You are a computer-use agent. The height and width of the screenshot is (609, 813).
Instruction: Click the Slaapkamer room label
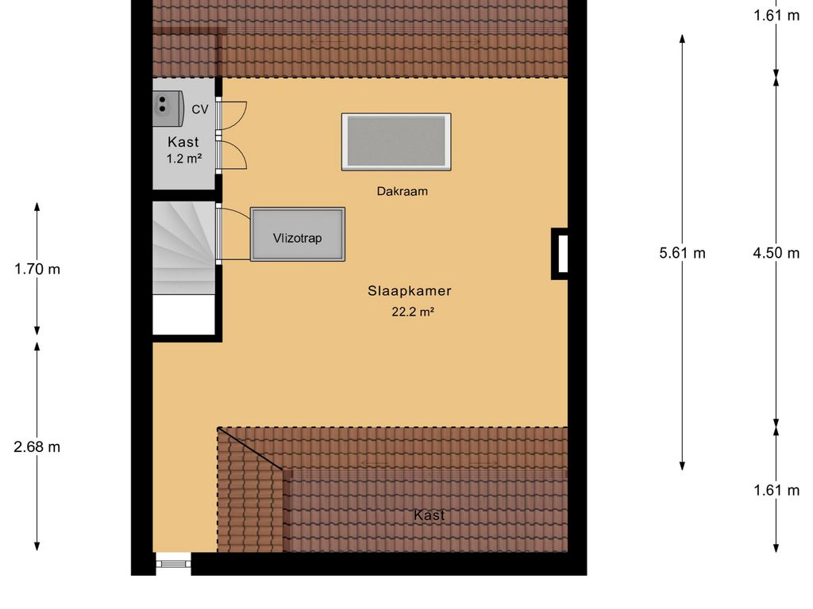409,291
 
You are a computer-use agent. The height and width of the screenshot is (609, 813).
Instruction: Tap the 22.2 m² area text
412,312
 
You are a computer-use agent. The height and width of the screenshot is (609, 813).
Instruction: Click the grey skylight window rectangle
396,142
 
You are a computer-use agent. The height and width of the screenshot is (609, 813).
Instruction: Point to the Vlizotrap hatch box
298,234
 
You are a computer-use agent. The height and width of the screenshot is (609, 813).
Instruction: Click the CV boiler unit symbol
167,105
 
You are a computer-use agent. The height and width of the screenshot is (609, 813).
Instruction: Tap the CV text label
200,109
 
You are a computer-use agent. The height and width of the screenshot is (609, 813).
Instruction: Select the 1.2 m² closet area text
183,159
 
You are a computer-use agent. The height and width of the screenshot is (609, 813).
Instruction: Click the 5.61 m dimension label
682,253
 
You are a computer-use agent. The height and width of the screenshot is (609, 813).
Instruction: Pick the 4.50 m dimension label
776,253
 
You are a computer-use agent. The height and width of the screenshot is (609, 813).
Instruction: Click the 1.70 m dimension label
37,269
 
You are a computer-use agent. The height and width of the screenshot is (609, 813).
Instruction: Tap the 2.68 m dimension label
37,446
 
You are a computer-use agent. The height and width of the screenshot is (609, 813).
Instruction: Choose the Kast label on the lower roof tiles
429,515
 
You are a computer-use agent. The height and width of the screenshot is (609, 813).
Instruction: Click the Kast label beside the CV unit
183,142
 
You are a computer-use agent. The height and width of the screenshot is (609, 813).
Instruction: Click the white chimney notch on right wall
562,254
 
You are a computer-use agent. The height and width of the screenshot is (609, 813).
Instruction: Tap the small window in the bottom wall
173,563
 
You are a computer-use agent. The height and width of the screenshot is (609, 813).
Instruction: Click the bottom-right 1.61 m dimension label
776,490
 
